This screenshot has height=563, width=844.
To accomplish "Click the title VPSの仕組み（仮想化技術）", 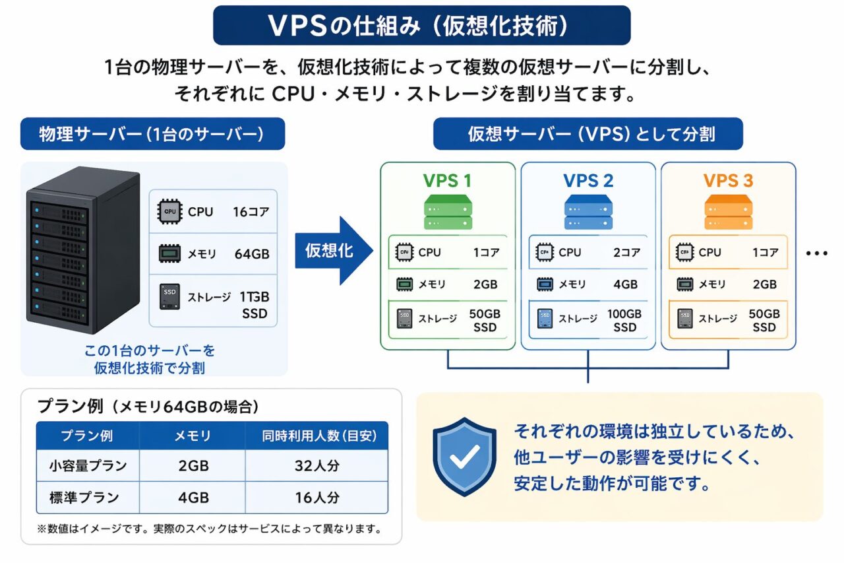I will coord(421,25).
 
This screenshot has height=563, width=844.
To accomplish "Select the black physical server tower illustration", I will coord(83,251).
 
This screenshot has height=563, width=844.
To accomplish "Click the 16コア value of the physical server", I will coord(251,212).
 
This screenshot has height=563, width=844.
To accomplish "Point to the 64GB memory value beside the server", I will coord(252,254).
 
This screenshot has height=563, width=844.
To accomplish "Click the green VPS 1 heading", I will coord(447,181).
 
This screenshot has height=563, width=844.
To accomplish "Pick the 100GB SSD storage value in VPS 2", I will coord(624,321).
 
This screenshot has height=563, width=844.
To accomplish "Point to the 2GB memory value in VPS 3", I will coord(764,284).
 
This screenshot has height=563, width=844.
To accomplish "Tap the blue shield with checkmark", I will coord(464,455).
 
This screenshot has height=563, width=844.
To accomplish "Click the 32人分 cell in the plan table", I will coord(316,466).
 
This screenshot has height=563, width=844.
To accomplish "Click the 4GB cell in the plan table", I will coord(193,498).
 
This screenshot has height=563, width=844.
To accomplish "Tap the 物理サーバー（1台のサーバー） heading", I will coord(152,134).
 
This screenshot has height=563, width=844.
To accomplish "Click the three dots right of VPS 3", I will coord(816,253).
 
